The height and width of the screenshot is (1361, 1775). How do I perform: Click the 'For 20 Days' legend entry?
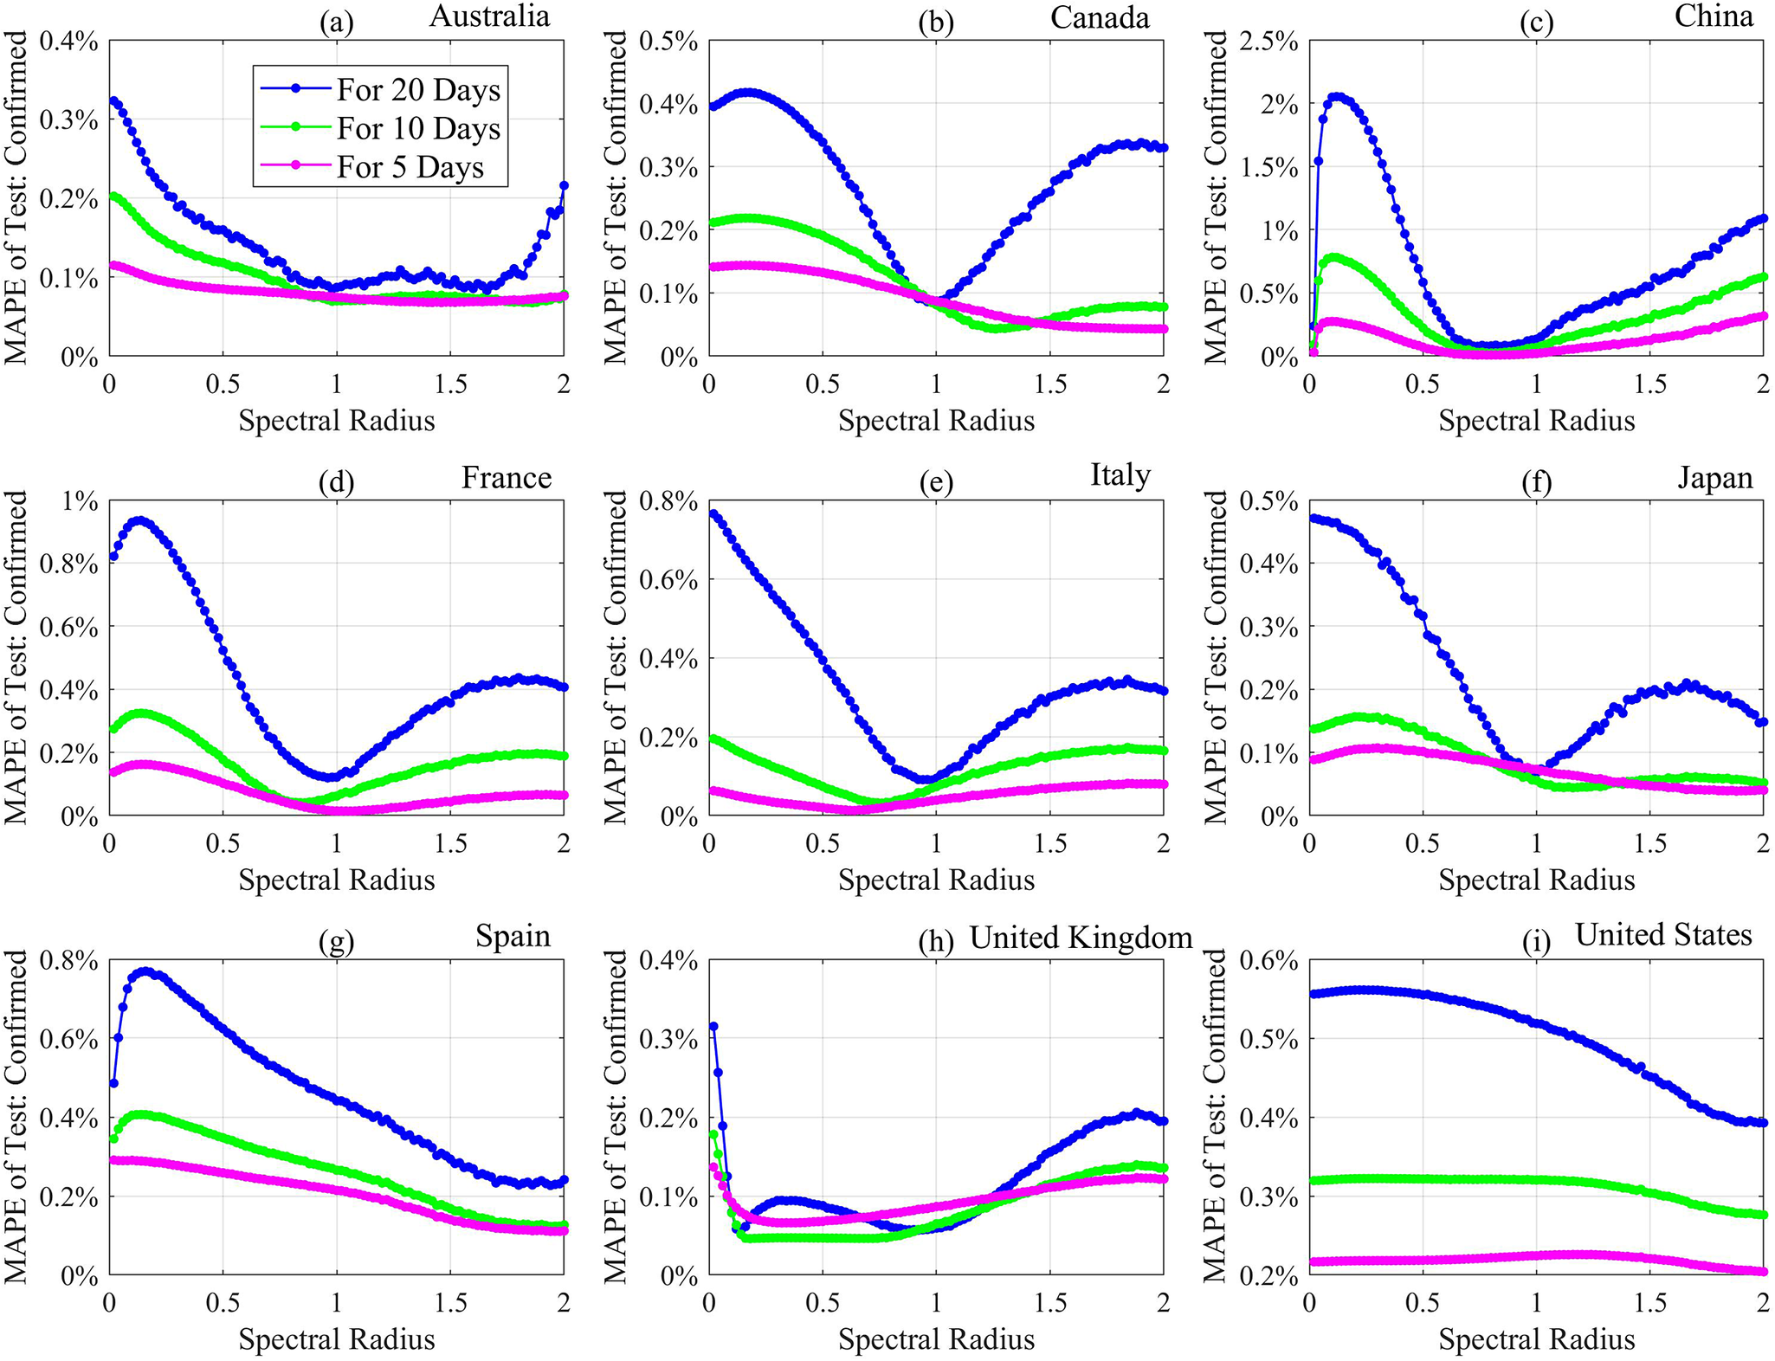coord(417,90)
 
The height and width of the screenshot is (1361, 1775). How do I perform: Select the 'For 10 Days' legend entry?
coord(417,129)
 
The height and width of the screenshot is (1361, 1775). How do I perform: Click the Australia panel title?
coord(489,16)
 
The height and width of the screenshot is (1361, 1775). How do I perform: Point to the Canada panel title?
coord(1099,17)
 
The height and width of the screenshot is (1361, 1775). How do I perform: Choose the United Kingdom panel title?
coord(1080,937)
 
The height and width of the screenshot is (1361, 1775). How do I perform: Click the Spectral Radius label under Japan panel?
coord(1536,880)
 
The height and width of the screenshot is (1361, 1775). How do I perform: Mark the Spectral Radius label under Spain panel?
coord(337,1339)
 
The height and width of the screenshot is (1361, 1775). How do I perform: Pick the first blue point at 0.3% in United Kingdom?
coord(713,1027)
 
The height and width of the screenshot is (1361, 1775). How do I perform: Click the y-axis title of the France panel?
coord(16,656)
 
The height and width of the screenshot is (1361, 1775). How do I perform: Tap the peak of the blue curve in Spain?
coord(145,972)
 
